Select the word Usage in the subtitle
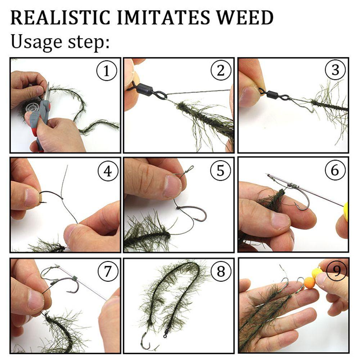click(36, 42)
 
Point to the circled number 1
click(107, 71)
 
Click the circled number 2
click(221, 70)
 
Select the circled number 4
click(108, 171)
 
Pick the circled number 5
click(220, 170)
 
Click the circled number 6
click(335, 170)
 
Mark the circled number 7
click(108, 271)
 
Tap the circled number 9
click(336, 271)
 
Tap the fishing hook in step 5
click(192, 212)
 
